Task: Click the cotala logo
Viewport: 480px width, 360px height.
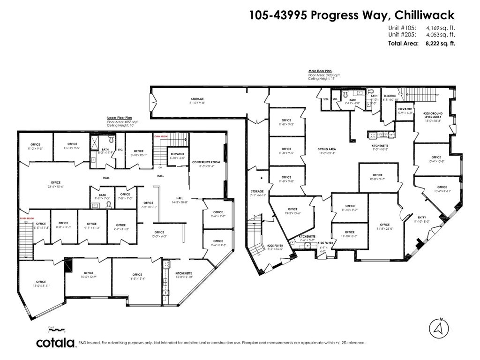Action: click(x=56, y=343)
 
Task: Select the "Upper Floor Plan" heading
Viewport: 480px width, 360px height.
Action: click(x=119, y=119)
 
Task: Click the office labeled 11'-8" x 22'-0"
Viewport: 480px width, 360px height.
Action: click(x=384, y=226)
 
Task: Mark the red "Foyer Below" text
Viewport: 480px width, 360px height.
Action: click(x=26, y=218)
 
